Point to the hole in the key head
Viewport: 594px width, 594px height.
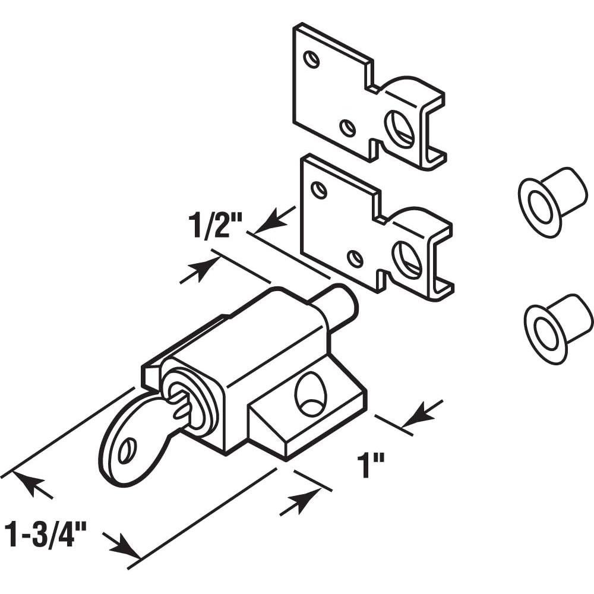point(126,451)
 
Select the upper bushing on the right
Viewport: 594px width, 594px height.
point(551,200)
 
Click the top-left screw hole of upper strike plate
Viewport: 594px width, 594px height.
point(311,59)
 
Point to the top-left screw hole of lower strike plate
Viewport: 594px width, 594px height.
point(319,190)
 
